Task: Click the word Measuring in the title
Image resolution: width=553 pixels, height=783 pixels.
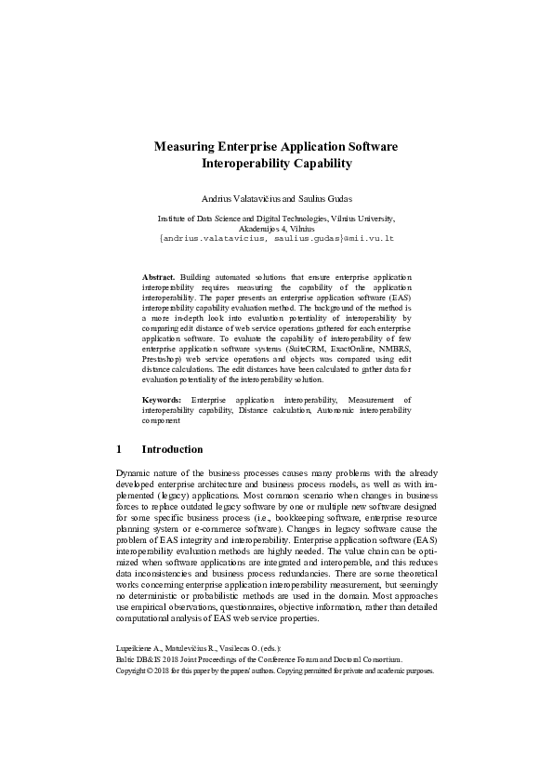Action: click(x=184, y=147)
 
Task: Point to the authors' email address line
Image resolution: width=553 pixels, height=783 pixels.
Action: click(x=277, y=238)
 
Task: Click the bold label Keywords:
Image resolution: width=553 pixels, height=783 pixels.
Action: click(x=162, y=399)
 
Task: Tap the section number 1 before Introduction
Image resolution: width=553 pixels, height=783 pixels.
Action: click(x=119, y=449)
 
